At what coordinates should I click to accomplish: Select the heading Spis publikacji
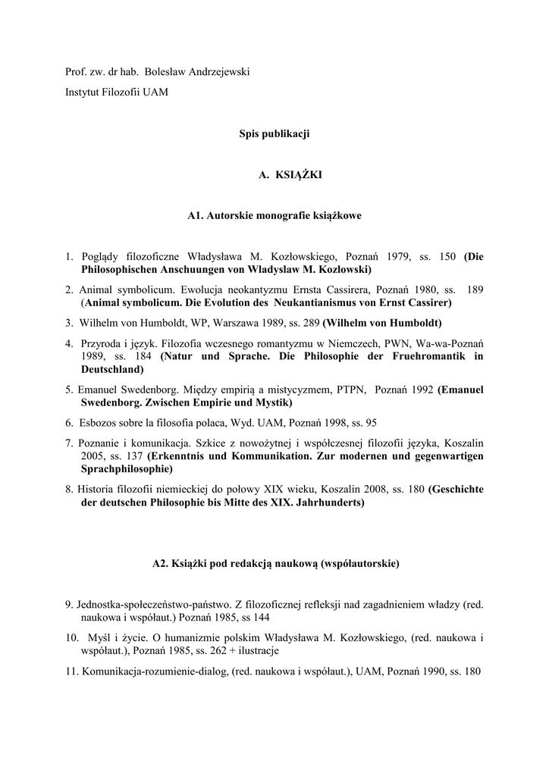pyautogui.click(x=274, y=133)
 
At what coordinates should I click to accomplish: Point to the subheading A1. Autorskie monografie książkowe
pyautogui.click(x=274, y=216)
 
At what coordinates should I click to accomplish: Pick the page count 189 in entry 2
pyautogui.click(x=475, y=289)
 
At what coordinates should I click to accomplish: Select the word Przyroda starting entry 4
pyautogui.click(x=103, y=343)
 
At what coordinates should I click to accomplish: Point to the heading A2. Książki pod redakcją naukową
pyautogui.click(x=274, y=564)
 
